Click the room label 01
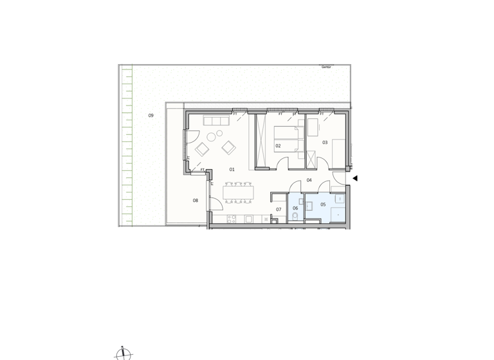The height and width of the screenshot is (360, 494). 232,170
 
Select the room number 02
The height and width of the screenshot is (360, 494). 278,146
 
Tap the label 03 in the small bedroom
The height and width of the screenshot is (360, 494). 325,143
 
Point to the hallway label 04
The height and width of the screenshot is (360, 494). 309,181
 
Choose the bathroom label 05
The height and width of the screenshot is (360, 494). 323,205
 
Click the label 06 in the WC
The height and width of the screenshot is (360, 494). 295,208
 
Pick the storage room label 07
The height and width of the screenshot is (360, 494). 279,210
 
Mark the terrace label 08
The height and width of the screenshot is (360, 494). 195,201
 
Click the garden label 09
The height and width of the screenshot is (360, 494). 151,116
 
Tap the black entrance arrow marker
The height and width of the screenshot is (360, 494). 354,179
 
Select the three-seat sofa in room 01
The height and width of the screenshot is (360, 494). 217,121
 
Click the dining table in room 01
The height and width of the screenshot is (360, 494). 238,192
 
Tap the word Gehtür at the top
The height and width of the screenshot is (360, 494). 326,67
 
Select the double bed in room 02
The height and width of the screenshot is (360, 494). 288,138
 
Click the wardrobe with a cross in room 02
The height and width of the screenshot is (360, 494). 262,141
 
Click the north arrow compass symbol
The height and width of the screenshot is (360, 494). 123,353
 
